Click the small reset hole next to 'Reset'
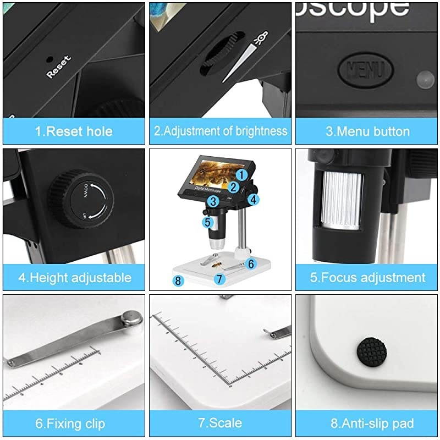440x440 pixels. click(50, 59)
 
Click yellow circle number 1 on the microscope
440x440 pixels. click(241, 175)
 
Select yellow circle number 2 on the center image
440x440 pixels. click(233, 187)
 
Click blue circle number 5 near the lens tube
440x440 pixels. click(207, 222)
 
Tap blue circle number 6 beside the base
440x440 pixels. click(251, 264)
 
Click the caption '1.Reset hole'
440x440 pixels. click(73, 131)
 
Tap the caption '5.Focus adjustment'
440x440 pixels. click(367, 277)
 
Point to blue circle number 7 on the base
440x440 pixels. click(219, 279)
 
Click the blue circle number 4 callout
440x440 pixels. click(253, 200)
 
